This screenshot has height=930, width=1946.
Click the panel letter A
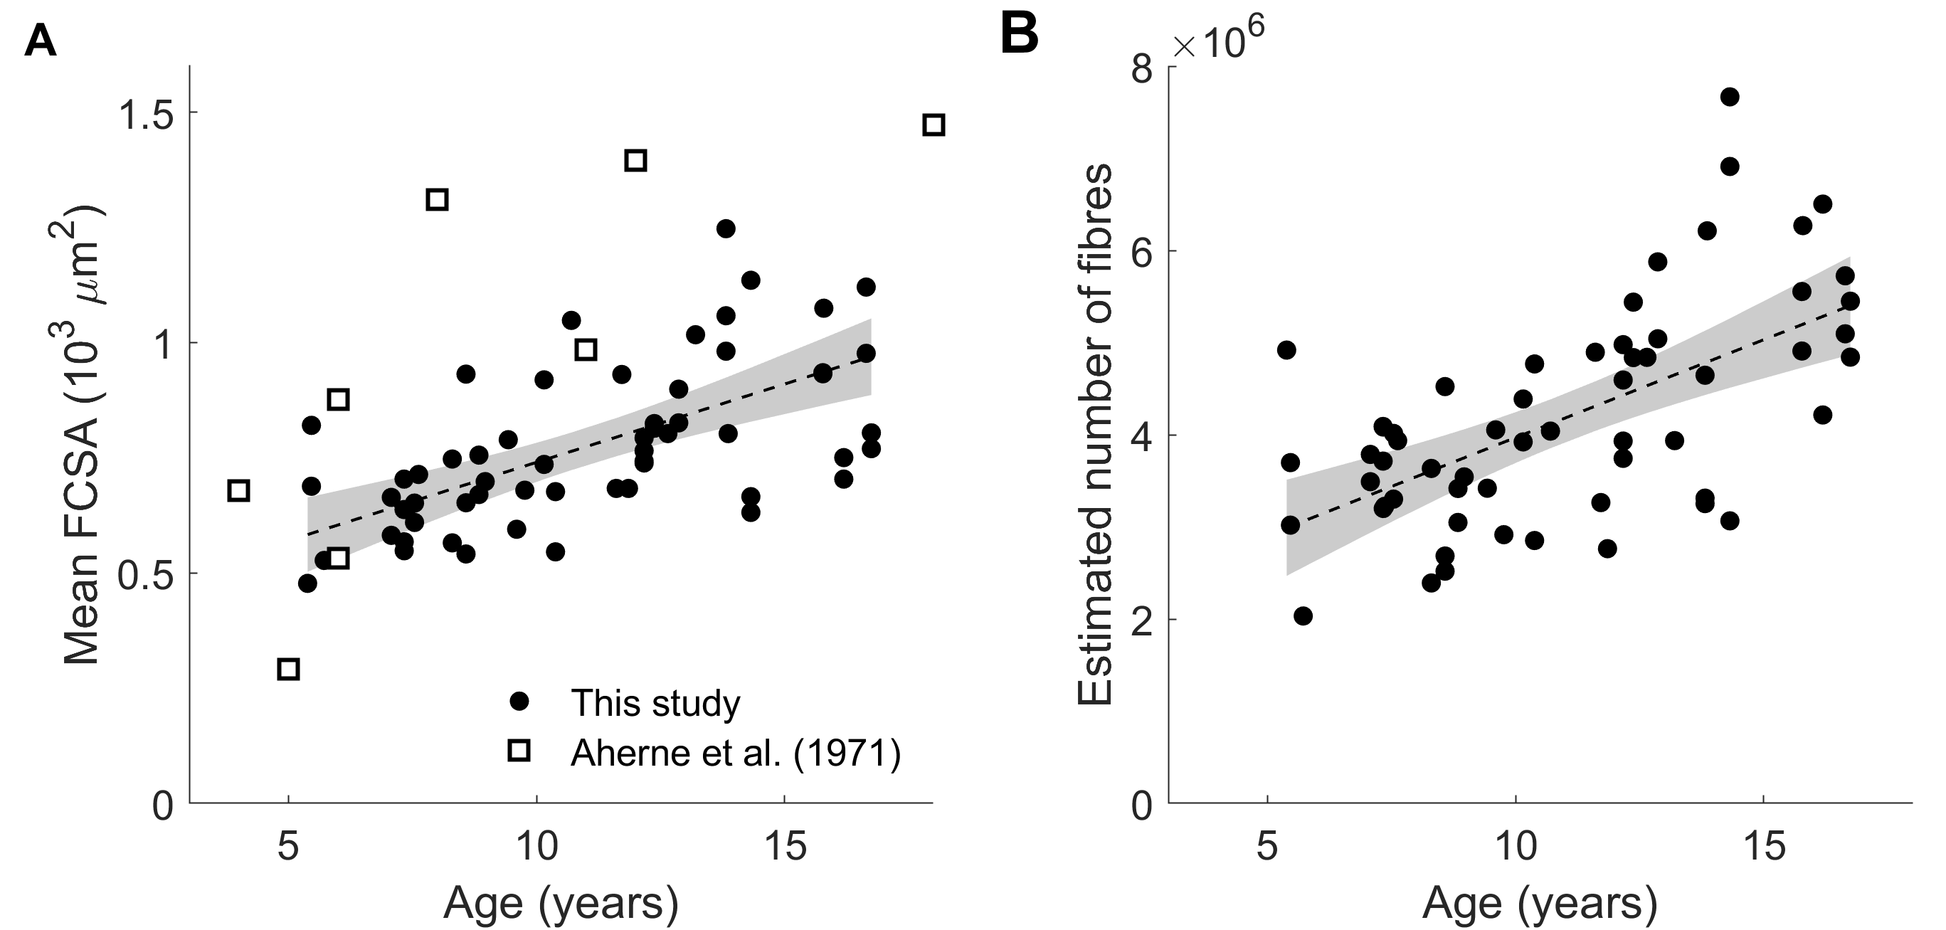pyautogui.click(x=40, y=40)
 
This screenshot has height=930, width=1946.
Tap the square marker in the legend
pyautogui.click(x=518, y=750)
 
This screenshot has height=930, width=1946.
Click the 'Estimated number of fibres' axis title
pyautogui.click(x=1093, y=434)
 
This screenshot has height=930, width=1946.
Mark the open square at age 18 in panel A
pyautogui.click(x=934, y=125)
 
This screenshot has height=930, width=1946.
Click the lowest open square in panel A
pyautogui.click(x=289, y=669)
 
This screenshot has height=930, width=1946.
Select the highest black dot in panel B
pyautogui.click(x=1730, y=97)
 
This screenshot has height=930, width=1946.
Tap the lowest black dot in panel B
pyautogui.click(x=1303, y=615)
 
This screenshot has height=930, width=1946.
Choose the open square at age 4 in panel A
pyautogui.click(x=239, y=490)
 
